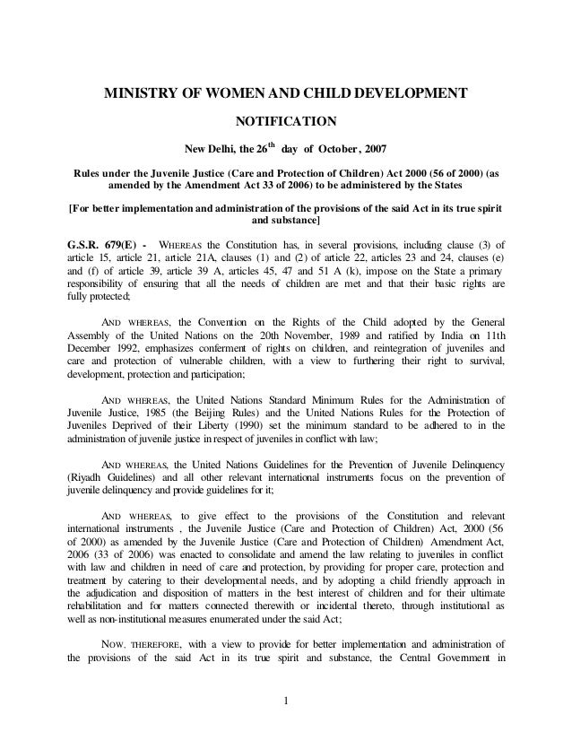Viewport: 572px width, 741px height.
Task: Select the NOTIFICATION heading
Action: tap(285, 121)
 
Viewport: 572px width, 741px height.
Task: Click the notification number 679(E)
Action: tap(121, 243)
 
